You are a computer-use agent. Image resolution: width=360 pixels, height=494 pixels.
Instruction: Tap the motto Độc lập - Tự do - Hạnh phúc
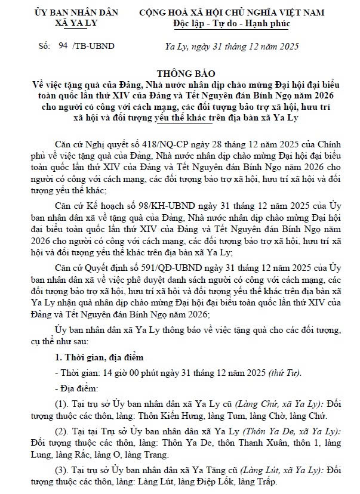231,24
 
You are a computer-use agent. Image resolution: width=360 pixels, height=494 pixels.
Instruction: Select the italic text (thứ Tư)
285,373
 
